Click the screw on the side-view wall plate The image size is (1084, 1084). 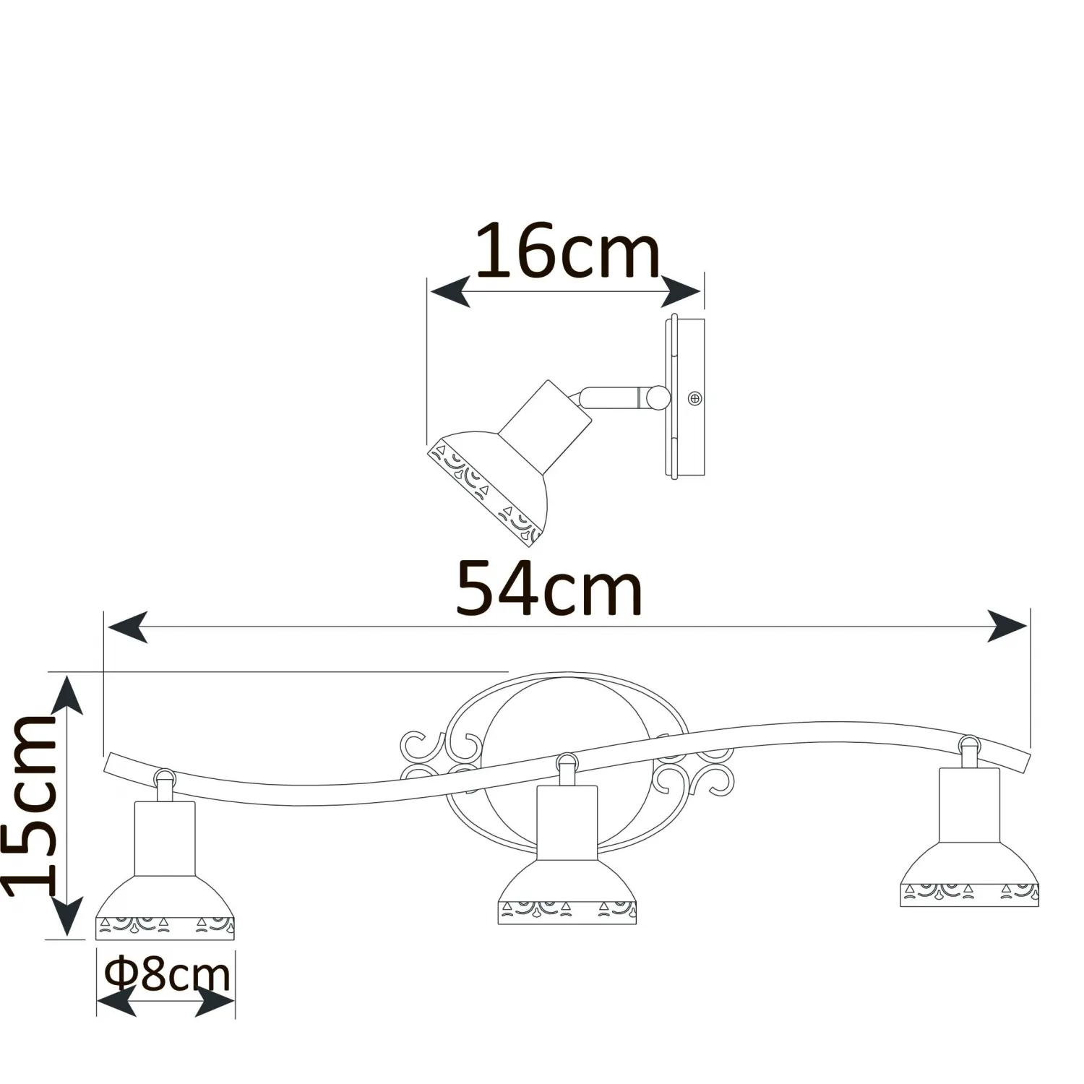[695, 397]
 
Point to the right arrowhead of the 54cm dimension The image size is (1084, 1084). [1007, 626]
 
